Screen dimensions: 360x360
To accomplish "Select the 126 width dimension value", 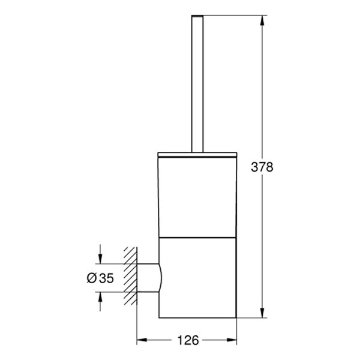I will (x=188, y=340).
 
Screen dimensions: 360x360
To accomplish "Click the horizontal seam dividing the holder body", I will (x=197, y=236).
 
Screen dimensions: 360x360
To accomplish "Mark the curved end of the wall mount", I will (x=161, y=278).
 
